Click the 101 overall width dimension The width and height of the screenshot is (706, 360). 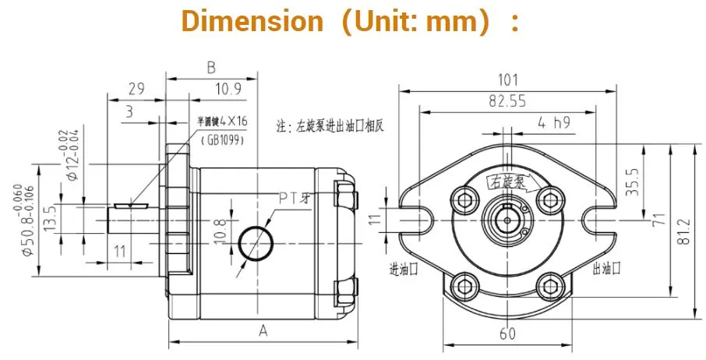coord(508,79)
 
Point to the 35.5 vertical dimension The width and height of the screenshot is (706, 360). coord(632,182)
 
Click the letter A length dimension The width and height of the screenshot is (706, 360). coord(263,331)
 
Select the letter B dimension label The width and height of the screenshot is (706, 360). coord(210,69)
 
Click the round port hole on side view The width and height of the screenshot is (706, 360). coord(255,242)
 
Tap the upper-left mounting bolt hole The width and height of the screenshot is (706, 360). coord(466,200)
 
